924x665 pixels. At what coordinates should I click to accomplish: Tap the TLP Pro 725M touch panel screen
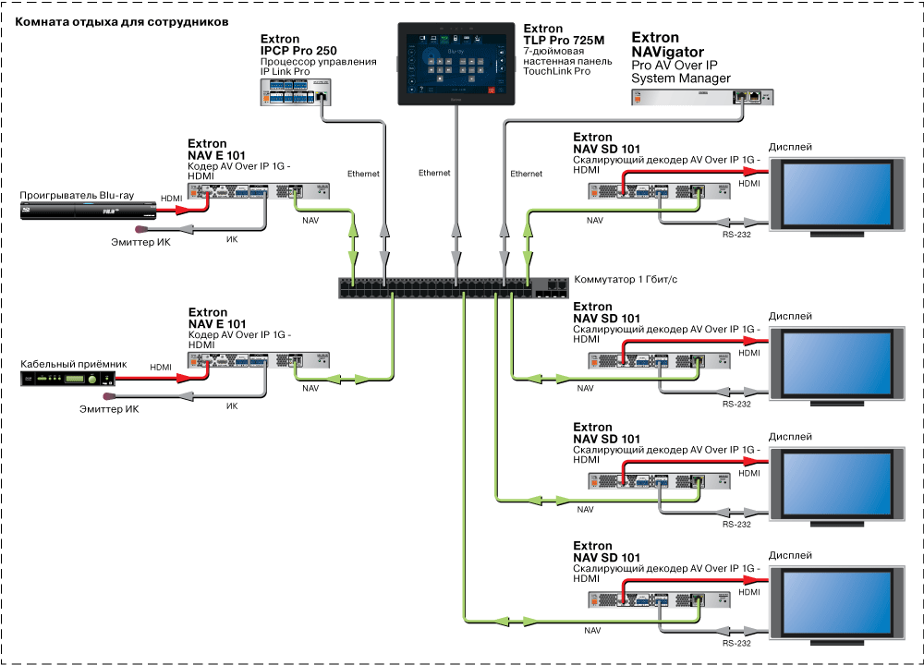(x=454, y=63)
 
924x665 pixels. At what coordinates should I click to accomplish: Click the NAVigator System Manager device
(x=703, y=95)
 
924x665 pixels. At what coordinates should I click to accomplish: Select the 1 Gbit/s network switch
(x=454, y=287)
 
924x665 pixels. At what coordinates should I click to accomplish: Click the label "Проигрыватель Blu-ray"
(x=78, y=197)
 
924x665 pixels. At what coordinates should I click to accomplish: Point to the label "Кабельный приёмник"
(x=73, y=365)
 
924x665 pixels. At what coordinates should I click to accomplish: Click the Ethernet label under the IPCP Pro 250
(x=363, y=174)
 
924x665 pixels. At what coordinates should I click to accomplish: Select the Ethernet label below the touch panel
(x=434, y=174)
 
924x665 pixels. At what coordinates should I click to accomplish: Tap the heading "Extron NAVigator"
(x=667, y=45)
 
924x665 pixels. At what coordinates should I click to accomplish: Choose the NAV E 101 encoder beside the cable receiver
(x=260, y=361)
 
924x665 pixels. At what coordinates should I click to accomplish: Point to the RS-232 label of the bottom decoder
(x=736, y=644)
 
